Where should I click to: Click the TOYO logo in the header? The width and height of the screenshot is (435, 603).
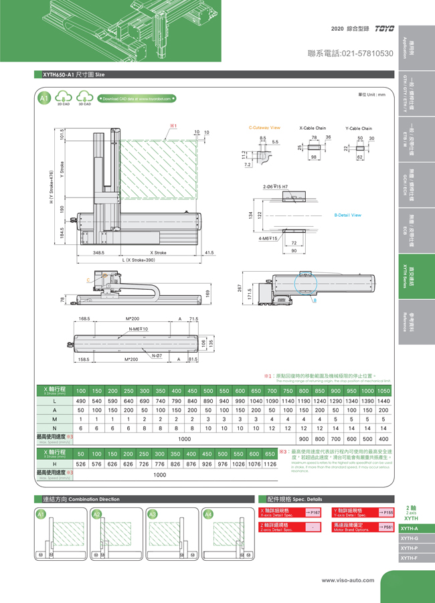(384, 29)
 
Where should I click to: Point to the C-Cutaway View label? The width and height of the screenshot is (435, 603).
(264, 127)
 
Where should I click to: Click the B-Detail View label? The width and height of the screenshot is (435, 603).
(347, 215)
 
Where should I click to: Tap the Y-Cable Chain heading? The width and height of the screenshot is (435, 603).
(359, 128)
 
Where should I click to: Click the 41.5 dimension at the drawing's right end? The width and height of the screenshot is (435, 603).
(209, 253)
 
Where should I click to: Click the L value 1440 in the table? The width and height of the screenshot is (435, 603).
(383, 400)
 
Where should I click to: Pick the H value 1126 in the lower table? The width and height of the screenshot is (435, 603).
(270, 464)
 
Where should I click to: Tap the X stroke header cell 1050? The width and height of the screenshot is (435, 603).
(383, 390)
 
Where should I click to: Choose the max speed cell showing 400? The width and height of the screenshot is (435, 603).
(383, 438)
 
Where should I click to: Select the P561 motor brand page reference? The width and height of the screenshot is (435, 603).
(385, 527)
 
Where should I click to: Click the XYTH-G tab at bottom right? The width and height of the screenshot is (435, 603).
(410, 538)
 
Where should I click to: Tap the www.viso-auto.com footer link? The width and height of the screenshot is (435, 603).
(347, 580)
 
